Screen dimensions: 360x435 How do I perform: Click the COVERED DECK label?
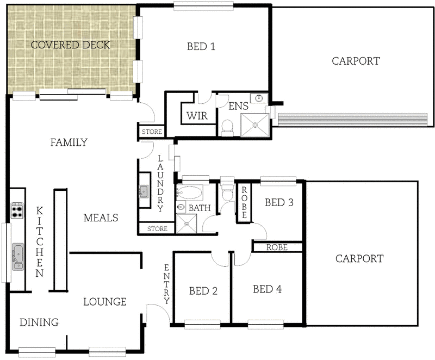click(70, 45)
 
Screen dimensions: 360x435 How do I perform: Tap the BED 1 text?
click(201, 47)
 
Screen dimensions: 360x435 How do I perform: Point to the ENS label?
click(238, 105)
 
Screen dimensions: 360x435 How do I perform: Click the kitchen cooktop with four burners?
click(17, 209)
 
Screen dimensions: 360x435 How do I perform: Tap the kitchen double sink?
click(18, 256)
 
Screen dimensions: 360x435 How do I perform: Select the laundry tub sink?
click(144, 191)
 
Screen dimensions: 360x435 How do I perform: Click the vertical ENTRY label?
click(166, 283)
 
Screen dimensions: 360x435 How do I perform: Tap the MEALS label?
click(101, 218)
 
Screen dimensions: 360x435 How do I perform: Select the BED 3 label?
click(279, 203)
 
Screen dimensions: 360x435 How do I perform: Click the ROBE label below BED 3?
click(277, 247)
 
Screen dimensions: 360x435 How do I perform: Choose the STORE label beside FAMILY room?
click(151, 132)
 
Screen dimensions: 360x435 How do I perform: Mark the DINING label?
click(39, 322)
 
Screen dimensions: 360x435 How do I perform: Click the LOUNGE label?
click(105, 302)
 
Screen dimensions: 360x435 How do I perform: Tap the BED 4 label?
click(268, 289)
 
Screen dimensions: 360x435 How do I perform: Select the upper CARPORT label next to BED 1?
click(356, 61)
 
